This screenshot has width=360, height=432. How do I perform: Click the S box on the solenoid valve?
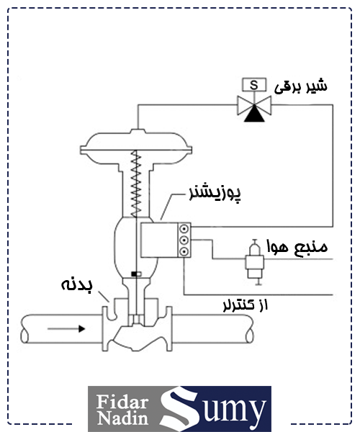254,85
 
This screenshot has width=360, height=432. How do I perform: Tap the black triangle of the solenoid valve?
254,114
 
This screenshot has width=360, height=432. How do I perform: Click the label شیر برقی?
301,86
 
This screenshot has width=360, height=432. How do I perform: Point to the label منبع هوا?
297,246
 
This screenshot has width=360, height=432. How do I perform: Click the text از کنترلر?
245,305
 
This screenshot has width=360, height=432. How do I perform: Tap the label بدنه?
76,285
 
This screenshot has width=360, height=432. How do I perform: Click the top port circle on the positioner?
184,229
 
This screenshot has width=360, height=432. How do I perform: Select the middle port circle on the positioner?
184,240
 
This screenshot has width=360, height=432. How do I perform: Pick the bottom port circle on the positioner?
184,251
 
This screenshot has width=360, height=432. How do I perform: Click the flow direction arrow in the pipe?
66,329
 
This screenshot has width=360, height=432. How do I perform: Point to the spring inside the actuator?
136,184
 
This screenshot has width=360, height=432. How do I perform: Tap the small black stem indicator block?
136,274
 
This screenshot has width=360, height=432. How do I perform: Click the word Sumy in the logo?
212,408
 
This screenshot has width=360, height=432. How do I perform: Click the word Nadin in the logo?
123,418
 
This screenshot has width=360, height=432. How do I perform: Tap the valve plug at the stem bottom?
136,319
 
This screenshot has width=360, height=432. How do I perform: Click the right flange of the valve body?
168,329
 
